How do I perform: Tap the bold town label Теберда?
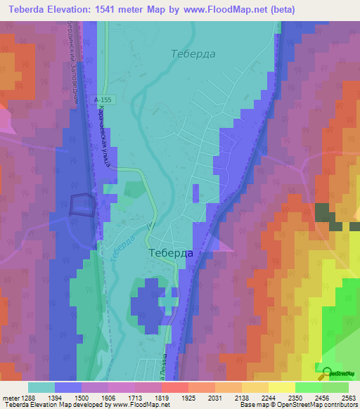pos(171,253)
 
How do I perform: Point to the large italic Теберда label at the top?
pos(194,53)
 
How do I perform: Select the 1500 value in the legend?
pos(82,397)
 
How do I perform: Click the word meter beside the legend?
pos(8,397)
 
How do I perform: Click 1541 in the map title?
pos(105,10)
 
